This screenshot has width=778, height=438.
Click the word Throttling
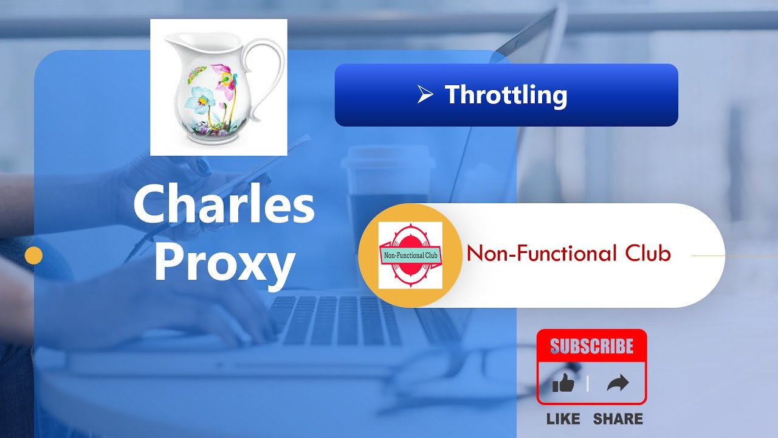pyautogui.click(x=506, y=95)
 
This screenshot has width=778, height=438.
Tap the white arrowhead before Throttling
pyautogui.click(x=425, y=94)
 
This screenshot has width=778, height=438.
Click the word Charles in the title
pyautogui.click(x=224, y=205)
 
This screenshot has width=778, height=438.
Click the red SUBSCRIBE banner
pyautogui.click(x=591, y=346)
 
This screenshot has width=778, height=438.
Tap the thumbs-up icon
pyautogui.click(x=563, y=383)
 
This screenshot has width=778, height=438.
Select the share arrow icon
pyautogui.click(x=618, y=383)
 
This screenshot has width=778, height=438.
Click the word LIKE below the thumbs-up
pyautogui.click(x=563, y=419)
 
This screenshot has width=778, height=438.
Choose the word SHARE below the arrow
pyautogui.click(x=618, y=419)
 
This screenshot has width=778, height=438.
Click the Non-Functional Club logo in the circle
pyautogui.click(x=410, y=255)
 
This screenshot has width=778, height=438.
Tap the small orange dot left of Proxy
pyautogui.click(x=33, y=255)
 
